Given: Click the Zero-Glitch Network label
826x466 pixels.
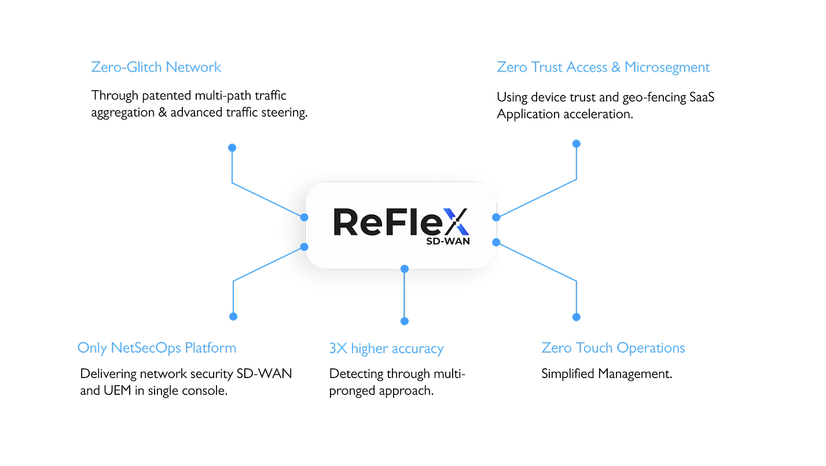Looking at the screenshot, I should (x=156, y=67).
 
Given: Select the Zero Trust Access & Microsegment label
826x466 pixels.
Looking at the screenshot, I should (x=603, y=67).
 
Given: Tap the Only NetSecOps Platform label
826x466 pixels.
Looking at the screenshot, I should (x=157, y=348).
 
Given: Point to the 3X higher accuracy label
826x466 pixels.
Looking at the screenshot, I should (x=386, y=349).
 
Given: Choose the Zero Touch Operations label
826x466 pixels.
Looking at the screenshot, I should (x=613, y=348).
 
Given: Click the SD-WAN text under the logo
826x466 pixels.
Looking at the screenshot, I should (x=447, y=241).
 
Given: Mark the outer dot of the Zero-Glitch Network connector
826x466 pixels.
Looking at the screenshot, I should (x=232, y=148).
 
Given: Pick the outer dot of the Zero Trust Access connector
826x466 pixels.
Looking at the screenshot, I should (x=576, y=143).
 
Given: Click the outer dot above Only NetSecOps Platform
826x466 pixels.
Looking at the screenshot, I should (x=233, y=316).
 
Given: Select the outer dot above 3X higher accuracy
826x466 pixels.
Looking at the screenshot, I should (x=405, y=321).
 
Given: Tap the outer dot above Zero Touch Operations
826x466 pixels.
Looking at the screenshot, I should (x=576, y=317).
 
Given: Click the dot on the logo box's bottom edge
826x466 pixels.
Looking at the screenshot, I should (x=405, y=269).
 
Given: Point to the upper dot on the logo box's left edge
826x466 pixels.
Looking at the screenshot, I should (x=304, y=217).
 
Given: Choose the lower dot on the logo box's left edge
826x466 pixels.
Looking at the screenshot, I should (x=304, y=247).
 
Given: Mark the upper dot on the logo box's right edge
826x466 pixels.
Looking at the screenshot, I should (x=496, y=217).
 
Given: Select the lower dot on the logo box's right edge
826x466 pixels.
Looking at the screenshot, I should (x=496, y=242).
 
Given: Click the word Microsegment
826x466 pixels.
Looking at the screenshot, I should (x=667, y=67).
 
